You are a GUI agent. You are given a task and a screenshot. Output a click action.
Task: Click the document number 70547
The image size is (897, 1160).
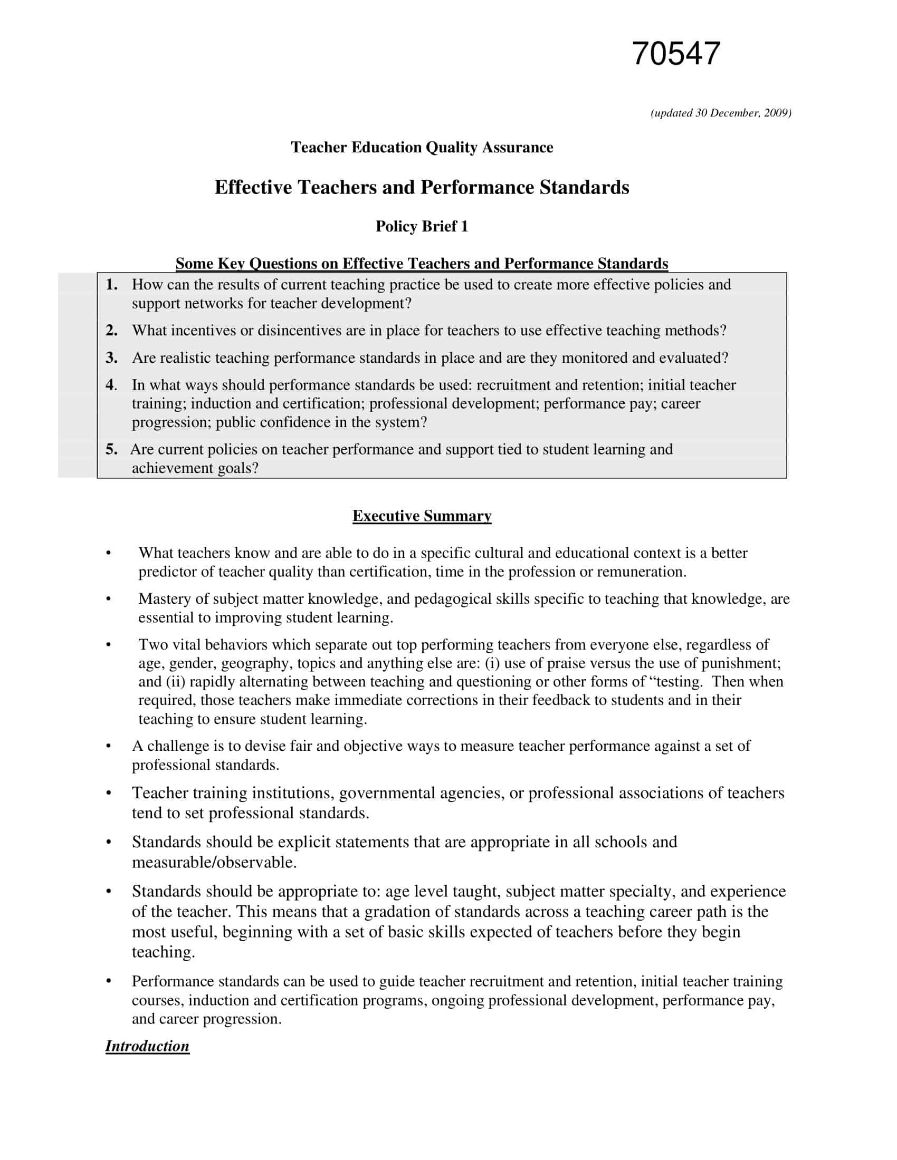click(675, 54)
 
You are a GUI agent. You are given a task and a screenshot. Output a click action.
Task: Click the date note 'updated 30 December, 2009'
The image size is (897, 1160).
click(721, 113)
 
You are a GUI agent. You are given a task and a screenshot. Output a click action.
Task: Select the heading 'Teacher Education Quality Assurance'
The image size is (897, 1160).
click(422, 148)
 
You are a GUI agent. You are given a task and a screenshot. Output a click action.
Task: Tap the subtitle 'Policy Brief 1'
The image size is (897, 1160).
click(422, 227)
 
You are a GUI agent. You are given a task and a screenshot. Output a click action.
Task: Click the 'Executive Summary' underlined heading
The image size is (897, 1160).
click(422, 516)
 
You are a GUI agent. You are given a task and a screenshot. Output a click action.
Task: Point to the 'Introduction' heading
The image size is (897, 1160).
click(147, 1046)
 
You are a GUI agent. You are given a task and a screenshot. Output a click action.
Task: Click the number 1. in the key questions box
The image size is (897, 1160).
click(111, 285)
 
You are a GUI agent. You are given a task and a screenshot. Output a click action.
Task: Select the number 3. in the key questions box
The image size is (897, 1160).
click(111, 358)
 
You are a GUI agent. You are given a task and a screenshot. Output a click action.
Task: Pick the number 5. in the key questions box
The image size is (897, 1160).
click(111, 450)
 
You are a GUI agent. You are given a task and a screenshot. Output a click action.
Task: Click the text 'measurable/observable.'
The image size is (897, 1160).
click(214, 863)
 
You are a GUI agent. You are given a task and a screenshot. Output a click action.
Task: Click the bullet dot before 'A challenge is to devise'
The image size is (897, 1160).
click(109, 746)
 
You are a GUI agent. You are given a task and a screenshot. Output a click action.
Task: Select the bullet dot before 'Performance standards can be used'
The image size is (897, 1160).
click(109, 982)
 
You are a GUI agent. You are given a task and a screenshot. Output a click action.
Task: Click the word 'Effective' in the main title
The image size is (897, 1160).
click(253, 188)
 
